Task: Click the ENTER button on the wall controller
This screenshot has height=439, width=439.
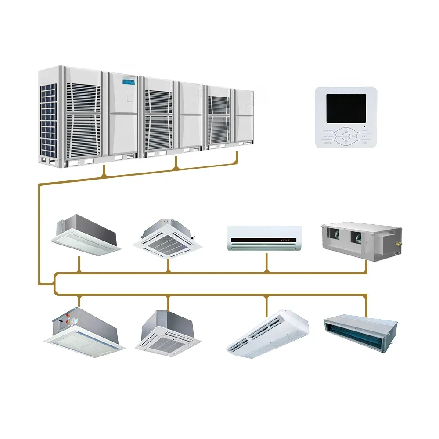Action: click(x=346, y=137)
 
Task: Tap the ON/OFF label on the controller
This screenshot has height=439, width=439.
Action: click(x=364, y=130)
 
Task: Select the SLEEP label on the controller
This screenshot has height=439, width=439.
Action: click(x=364, y=143)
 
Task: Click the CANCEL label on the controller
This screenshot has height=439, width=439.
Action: click(x=328, y=143)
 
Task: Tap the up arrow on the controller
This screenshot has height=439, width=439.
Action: click(x=346, y=130)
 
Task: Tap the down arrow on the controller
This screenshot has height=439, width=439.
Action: click(x=346, y=143)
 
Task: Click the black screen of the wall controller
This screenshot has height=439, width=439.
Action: click(x=346, y=108)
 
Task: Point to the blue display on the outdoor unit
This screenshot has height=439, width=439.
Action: click(x=130, y=81)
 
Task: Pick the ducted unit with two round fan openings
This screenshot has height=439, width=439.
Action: click(x=361, y=241)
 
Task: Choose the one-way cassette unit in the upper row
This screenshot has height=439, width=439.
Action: click(x=85, y=234)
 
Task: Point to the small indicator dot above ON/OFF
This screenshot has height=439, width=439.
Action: click(x=364, y=126)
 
